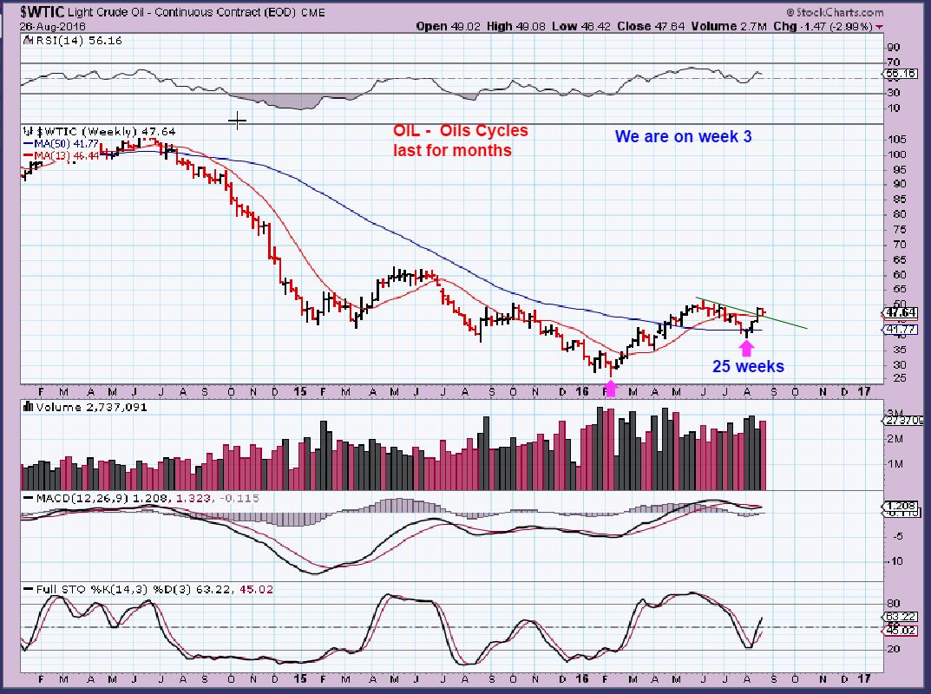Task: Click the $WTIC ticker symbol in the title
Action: [42, 11]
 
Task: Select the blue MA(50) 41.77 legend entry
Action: [62, 142]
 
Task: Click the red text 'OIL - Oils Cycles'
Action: [459, 131]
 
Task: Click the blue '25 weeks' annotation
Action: [748, 367]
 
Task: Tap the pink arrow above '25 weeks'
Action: [745, 348]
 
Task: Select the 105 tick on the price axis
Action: [897, 139]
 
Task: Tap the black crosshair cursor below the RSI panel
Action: [237, 121]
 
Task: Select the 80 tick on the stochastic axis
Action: [894, 602]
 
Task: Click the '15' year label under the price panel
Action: [298, 392]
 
